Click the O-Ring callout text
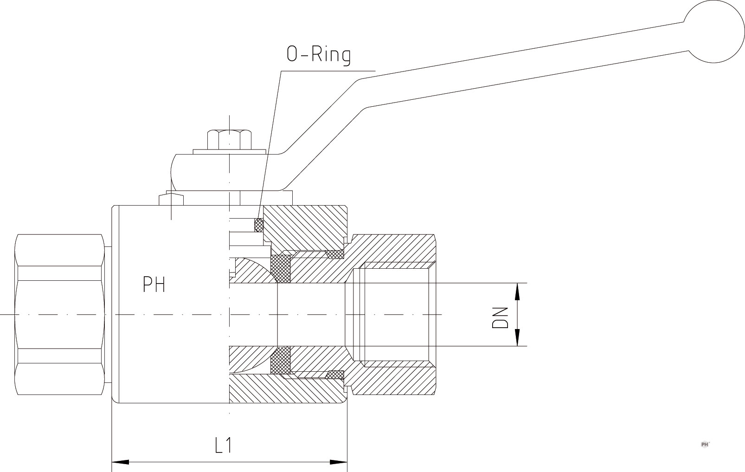[x=319, y=54]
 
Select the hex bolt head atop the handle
[x=229, y=139]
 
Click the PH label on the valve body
[x=154, y=284]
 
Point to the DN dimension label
[x=501, y=317]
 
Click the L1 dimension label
[x=224, y=446]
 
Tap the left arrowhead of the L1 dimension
[x=120, y=462]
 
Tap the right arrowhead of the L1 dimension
[x=339, y=462]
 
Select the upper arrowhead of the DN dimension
[x=517, y=291]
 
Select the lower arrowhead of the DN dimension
[x=517, y=337]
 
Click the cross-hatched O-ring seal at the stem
[x=259, y=225]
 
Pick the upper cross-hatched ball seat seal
[x=280, y=268]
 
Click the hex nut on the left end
[x=59, y=315]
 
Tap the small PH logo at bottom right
[x=705, y=444]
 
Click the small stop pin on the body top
[x=171, y=200]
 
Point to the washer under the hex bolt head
[x=229, y=151]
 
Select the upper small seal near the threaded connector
[x=335, y=254]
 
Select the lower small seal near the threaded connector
[x=335, y=374]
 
